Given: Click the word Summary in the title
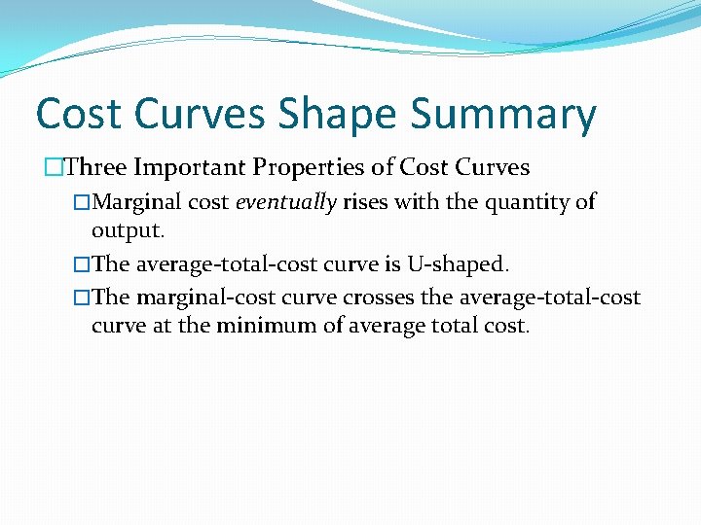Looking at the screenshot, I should [502, 115].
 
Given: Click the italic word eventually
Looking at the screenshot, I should [285, 203].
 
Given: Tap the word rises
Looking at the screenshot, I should [365, 202].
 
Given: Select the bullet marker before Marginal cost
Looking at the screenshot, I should [82, 202].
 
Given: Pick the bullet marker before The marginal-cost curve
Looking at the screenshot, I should [82, 297].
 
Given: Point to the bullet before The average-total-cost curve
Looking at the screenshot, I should [82, 263].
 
